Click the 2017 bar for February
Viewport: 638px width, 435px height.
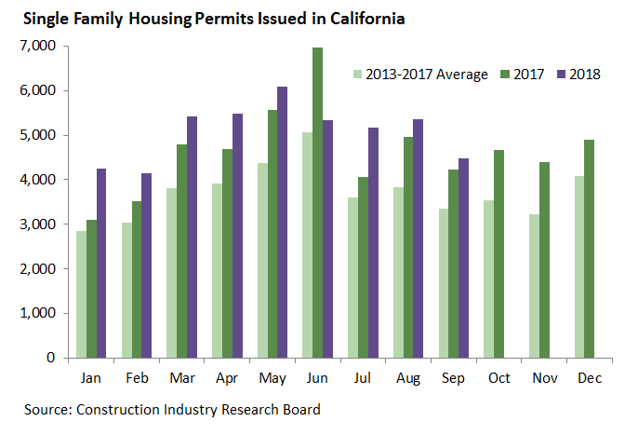click(x=138, y=279)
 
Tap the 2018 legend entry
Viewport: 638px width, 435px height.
click(x=582, y=75)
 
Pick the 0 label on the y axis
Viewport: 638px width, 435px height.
click(x=51, y=358)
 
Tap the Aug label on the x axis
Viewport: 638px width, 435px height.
click(x=408, y=379)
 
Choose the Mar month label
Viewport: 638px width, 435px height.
click(x=183, y=379)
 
